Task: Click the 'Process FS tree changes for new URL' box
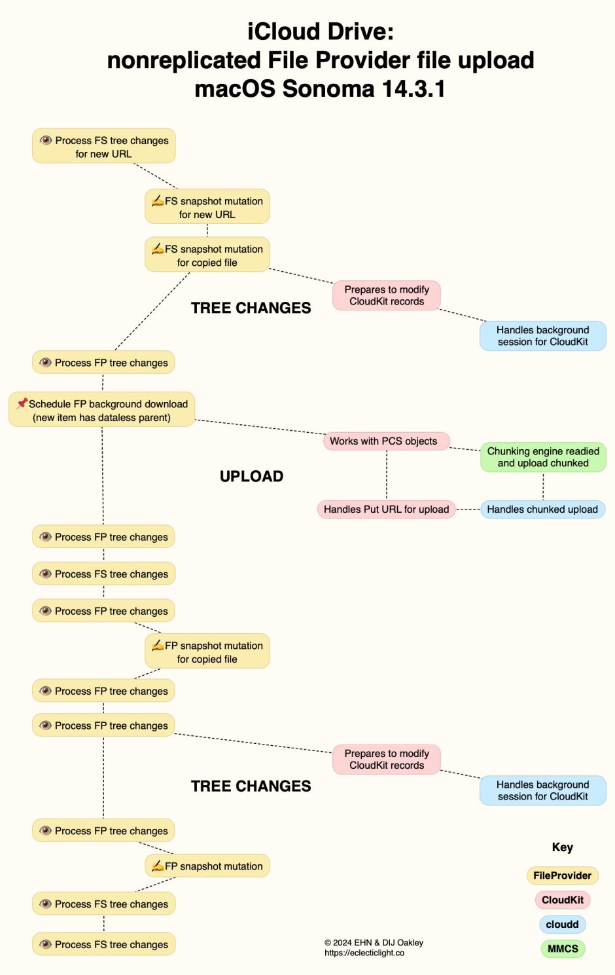tap(103, 146)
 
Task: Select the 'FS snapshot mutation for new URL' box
tap(207, 207)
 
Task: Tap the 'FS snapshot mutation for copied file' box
tap(207, 255)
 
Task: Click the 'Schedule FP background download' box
tap(102, 410)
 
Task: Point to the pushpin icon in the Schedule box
tap(22, 403)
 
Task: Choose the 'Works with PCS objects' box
tap(386, 441)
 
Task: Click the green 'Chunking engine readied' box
tap(543, 457)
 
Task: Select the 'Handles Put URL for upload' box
tap(386, 509)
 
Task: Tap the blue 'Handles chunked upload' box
tap(542, 509)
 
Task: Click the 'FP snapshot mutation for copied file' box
tap(207, 652)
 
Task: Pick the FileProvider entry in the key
tap(562, 875)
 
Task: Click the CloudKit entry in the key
tap(562, 900)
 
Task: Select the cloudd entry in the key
tap(562, 924)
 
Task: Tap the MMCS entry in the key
tap(562, 948)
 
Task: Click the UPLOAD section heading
tap(251, 476)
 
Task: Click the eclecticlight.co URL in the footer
tap(364, 953)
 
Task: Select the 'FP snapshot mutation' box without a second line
tap(207, 866)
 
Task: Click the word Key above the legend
tap(562, 847)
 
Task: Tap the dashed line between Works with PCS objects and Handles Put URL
tap(387, 475)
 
